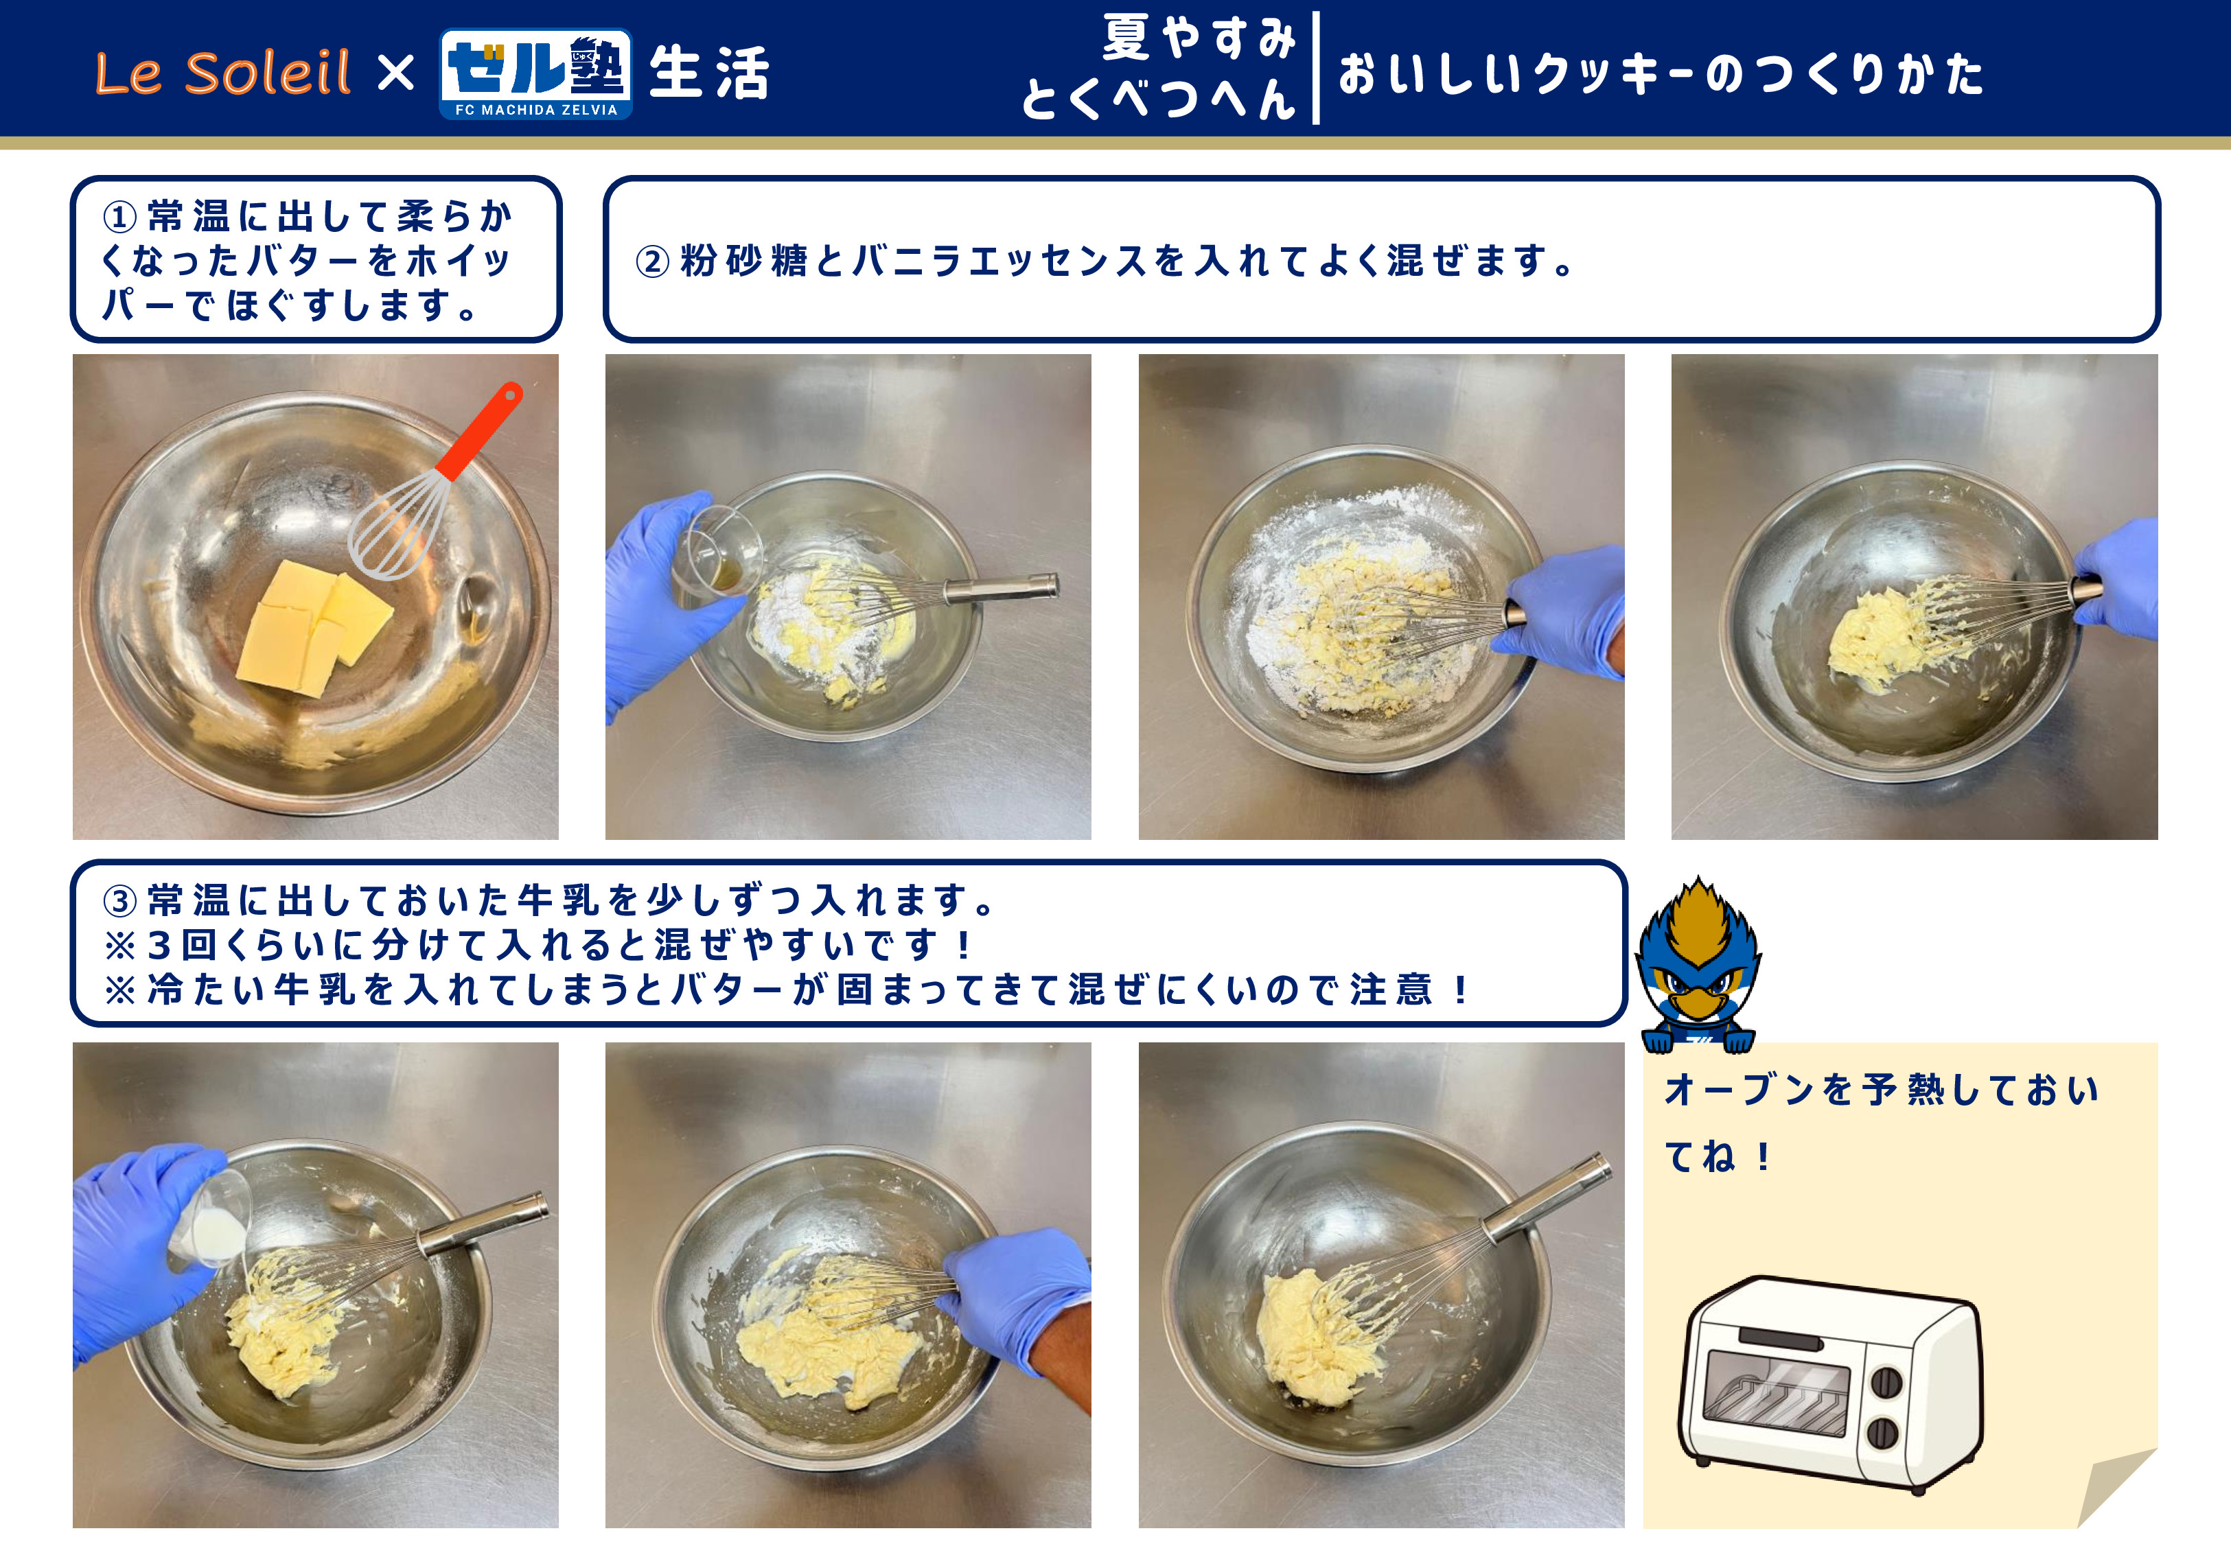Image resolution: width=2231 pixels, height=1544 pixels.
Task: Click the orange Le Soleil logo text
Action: point(222,73)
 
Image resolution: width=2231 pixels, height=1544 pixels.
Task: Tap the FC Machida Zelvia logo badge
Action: point(536,73)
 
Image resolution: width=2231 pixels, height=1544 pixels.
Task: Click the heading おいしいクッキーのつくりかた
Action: point(1661,73)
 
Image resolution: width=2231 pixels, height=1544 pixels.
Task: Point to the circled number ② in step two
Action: point(652,261)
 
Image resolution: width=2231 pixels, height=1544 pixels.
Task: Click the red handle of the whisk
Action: point(480,430)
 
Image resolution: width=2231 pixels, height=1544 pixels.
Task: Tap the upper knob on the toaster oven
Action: point(1886,1383)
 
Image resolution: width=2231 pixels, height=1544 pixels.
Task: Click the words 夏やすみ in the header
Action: point(1200,38)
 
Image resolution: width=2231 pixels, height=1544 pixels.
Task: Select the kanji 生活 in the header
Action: point(709,73)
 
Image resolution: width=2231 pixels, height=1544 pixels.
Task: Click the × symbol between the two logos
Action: point(395,73)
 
